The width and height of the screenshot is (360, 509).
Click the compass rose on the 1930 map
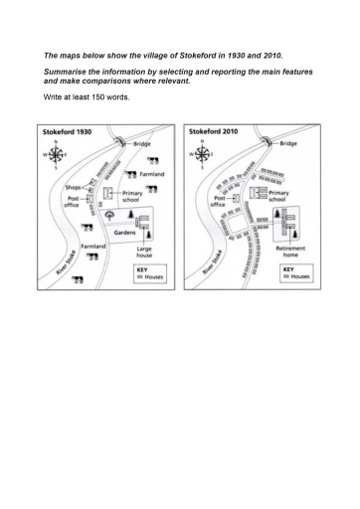[x=58, y=155]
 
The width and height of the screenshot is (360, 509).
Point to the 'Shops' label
[x=73, y=187]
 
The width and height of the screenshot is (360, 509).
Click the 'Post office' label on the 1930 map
[x=70, y=202]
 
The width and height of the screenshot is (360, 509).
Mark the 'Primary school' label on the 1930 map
[x=132, y=196]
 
